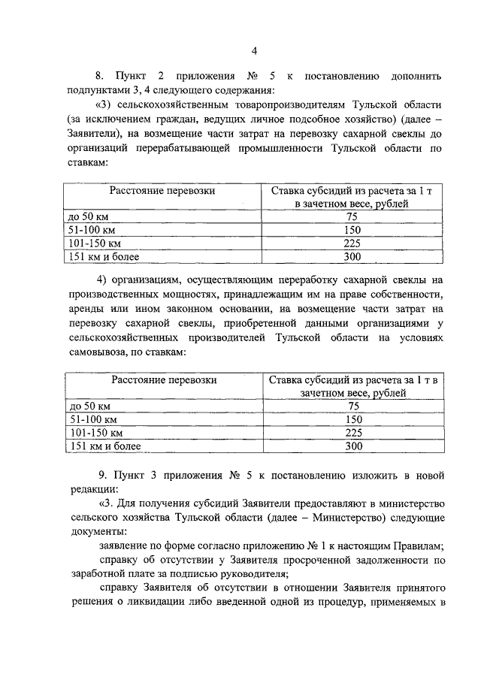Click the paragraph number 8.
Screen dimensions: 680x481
pos(98,77)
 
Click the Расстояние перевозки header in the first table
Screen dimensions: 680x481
pos(163,191)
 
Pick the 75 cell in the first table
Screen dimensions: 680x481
pos(352,216)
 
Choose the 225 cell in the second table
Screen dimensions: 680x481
pos(352,433)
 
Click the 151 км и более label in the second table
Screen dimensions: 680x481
pos(104,446)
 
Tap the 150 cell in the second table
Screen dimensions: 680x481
pos(352,419)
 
